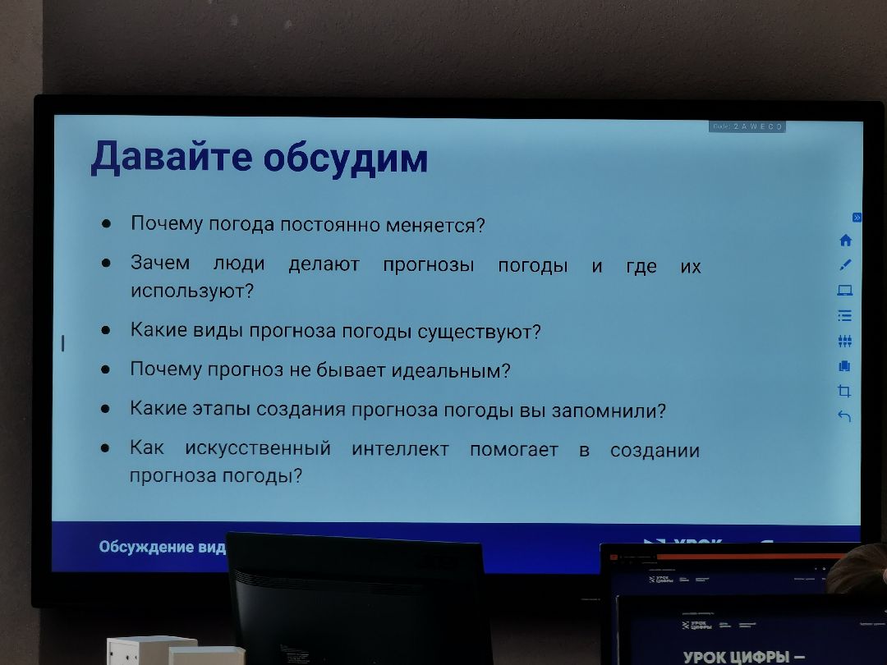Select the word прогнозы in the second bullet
click(x=428, y=265)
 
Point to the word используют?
click(x=192, y=291)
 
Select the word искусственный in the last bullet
click(x=258, y=449)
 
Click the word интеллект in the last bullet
click(x=400, y=449)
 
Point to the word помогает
click(x=513, y=450)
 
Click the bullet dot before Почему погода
click(x=106, y=223)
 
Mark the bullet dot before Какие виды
click(x=106, y=331)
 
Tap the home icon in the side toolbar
click(x=846, y=241)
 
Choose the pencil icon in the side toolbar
click(x=846, y=264)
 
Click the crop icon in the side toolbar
click(x=844, y=391)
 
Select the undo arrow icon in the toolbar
click(x=844, y=416)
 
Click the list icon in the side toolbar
click(x=845, y=315)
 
